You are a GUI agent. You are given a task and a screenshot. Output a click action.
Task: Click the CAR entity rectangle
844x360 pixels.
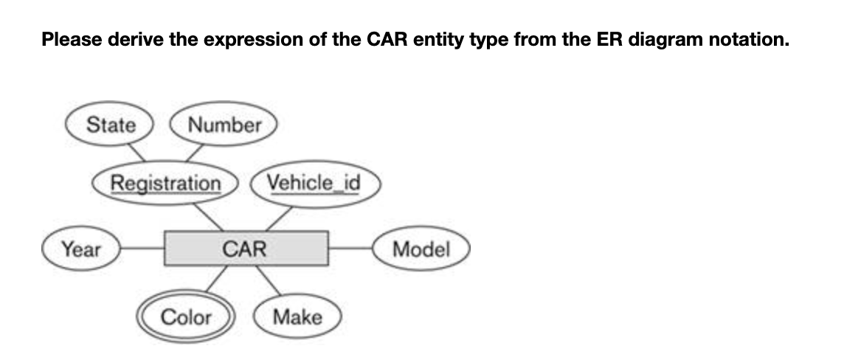(246, 249)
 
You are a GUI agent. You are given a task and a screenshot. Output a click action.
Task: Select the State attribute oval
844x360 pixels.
(111, 125)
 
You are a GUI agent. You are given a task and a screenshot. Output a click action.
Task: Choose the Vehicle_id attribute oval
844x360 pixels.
(314, 182)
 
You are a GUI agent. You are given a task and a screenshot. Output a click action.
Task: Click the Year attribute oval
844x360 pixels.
(81, 249)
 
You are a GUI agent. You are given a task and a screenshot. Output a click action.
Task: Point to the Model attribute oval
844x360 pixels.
(421, 249)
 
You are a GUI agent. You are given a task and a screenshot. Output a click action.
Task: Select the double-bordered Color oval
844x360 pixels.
(186, 317)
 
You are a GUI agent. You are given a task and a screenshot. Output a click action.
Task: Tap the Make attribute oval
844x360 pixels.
(297, 317)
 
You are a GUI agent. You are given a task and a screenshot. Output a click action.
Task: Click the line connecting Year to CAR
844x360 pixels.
(142, 249)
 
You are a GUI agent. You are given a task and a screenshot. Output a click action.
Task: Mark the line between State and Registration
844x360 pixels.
(133, 153)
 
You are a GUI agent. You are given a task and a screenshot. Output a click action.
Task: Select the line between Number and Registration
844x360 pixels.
(196, 153)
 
